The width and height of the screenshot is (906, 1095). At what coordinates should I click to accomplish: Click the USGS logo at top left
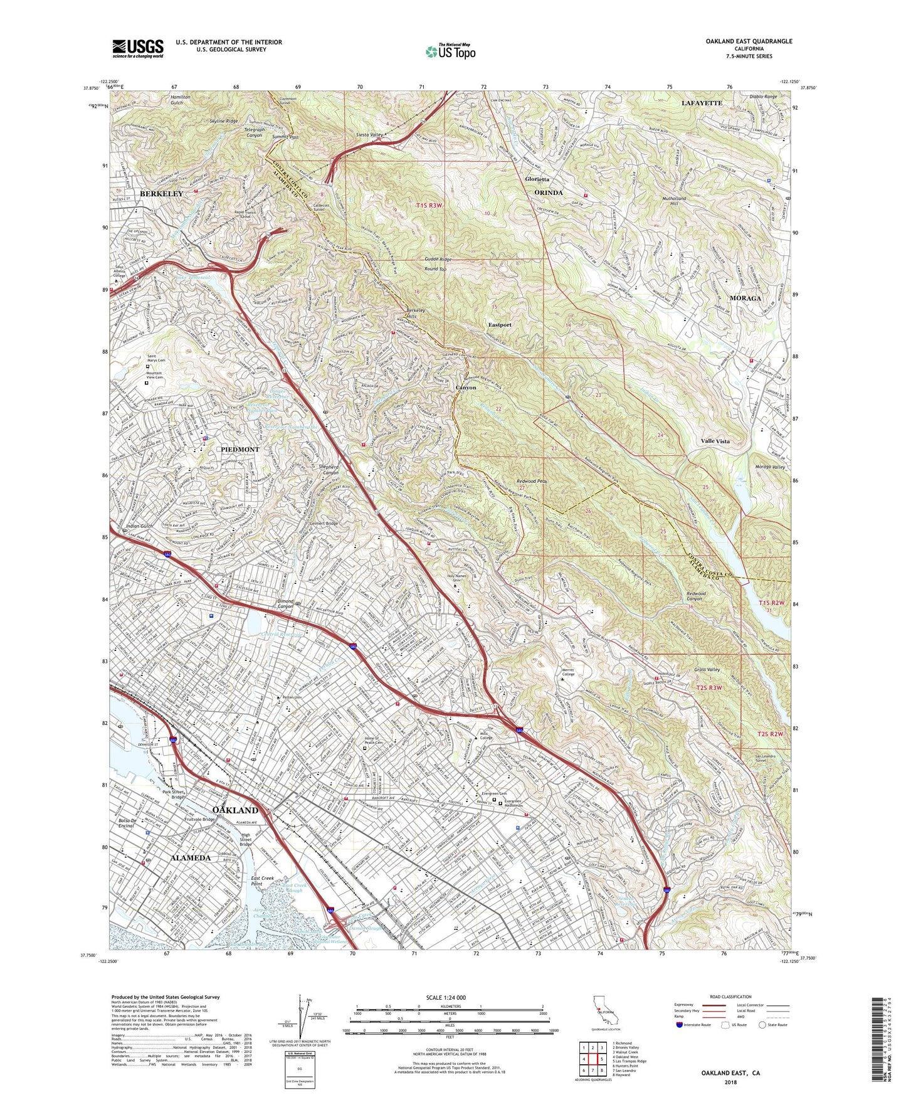pyautogui.click(x=138, y=48)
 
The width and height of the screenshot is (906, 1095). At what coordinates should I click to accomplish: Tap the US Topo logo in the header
pyautogui.click(x=450, y=52)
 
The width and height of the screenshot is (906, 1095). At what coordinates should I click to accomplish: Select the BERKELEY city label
pyautogui.click(x=161, y=194)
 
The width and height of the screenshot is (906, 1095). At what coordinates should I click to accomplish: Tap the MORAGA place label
pyautogui.click(x=745, y=298)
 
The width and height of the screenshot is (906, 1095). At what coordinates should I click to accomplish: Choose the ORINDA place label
pyautogui.click(x=548, y=193)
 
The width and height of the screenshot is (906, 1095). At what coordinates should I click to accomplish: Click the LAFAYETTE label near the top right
pyautogui.click(x=702, y=102)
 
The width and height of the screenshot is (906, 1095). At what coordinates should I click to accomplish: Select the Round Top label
pyautogui.click(x=435, y=269)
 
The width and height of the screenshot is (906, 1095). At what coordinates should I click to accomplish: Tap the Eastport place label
pyautogui.click(x=500, y=325)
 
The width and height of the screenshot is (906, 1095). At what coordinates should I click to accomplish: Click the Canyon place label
pyautogui.click(x=465, y=388)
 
